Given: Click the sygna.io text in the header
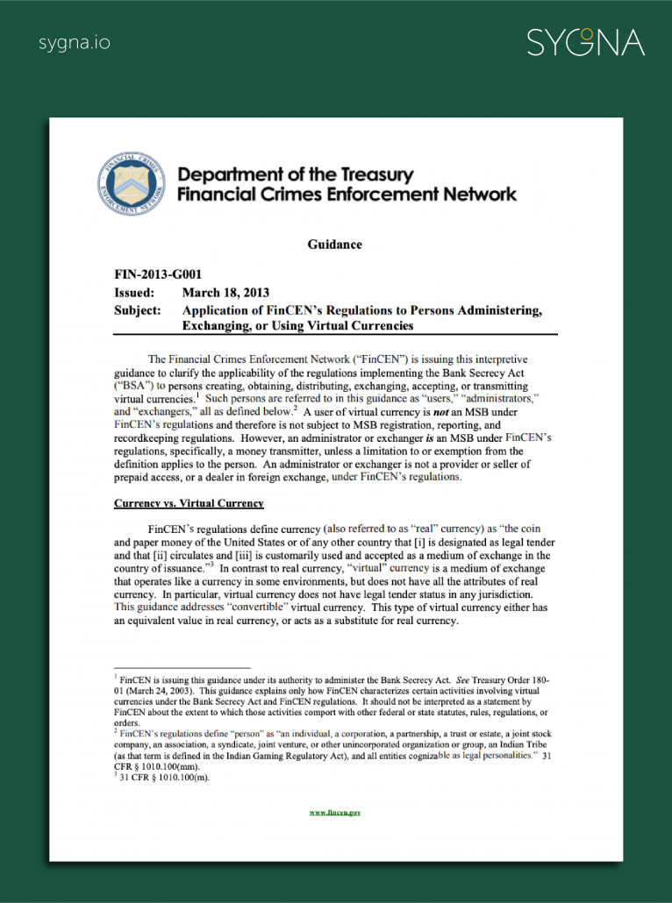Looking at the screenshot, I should pyautogui.click(x=75, y=42).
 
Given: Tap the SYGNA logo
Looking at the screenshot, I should pyautogui.click(x=585, y=42).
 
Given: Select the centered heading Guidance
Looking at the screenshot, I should pyautogui.click(x=334, y=245).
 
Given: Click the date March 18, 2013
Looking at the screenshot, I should pyautogui.click(x=225, y=293).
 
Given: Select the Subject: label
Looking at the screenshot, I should pyautogui.click(x=138, y=310).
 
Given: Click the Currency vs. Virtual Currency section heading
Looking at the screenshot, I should pyautogui.click(x=189, y=504).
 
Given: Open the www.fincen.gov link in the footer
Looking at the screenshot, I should pyautogui.click(x=335, y=813).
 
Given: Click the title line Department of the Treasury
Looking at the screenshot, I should pyautogui.click(x=296, y=175).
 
